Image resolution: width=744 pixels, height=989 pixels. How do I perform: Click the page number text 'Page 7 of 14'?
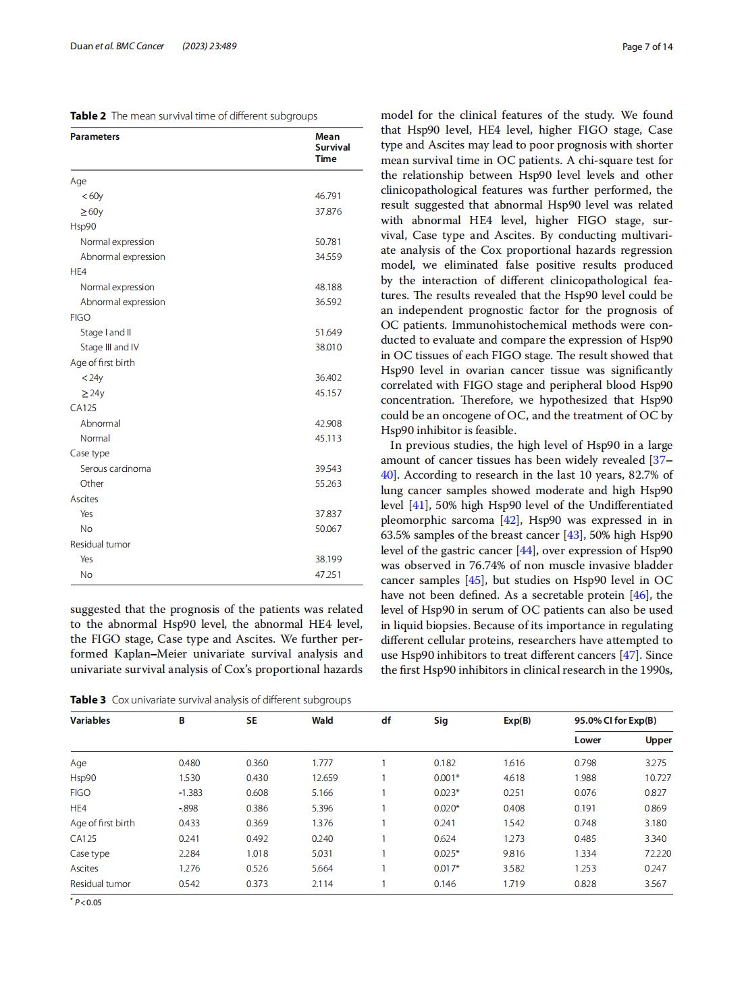[647, 47]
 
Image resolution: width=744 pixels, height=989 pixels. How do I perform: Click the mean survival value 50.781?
[328, 242]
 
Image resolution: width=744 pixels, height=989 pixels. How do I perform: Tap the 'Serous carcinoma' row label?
[115, 469]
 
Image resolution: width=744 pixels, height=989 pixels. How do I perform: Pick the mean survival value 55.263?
[328, 483]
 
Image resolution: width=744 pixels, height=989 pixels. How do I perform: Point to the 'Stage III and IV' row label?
[109, 347]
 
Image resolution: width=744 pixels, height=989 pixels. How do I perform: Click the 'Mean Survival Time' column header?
[332, 147]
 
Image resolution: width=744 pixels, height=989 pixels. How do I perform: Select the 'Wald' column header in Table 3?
[322, 720]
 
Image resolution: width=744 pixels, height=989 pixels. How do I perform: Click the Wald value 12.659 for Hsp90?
[325, 778]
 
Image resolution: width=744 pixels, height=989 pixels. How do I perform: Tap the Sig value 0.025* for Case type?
[446, 853]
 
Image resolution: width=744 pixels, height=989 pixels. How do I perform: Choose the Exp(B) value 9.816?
[514, 853]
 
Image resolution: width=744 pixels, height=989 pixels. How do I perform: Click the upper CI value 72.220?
[658, 853]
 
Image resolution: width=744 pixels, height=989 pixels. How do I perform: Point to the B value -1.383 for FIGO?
[190, 793]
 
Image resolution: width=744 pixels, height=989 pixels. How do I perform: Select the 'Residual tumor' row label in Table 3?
[101, 884]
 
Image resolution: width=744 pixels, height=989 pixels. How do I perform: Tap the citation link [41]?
[416, 505]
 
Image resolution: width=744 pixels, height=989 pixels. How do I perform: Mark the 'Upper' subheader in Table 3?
[658, 740]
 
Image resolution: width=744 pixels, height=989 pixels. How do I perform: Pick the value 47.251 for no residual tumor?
[328, 574]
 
